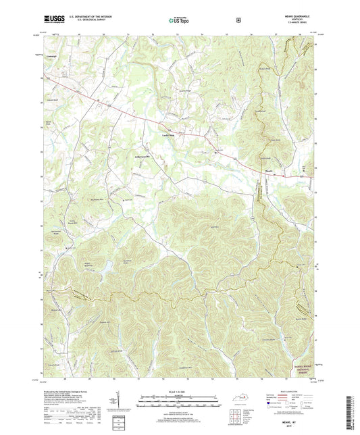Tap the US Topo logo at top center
coord(180,20)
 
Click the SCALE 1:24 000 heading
coord(180,390)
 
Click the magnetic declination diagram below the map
coord(110,406)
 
